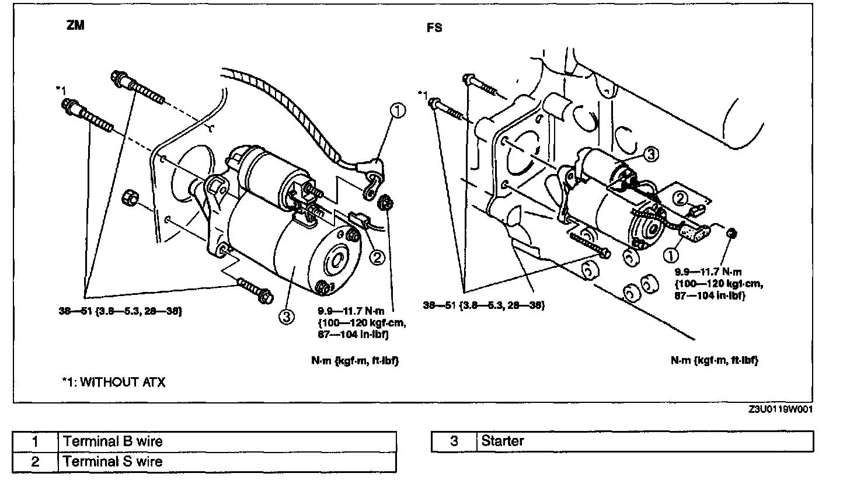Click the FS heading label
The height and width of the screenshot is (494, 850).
(x=434, y=27)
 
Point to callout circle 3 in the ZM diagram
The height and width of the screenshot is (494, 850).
(x=287, y=316)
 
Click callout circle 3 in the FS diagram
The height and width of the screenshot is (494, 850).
(x=652, y=154)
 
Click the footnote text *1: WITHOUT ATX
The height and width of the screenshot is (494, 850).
(x=114, y=382)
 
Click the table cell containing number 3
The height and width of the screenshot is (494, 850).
(x=454, y=441)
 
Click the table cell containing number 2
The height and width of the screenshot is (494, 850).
(x=35, y=461)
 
